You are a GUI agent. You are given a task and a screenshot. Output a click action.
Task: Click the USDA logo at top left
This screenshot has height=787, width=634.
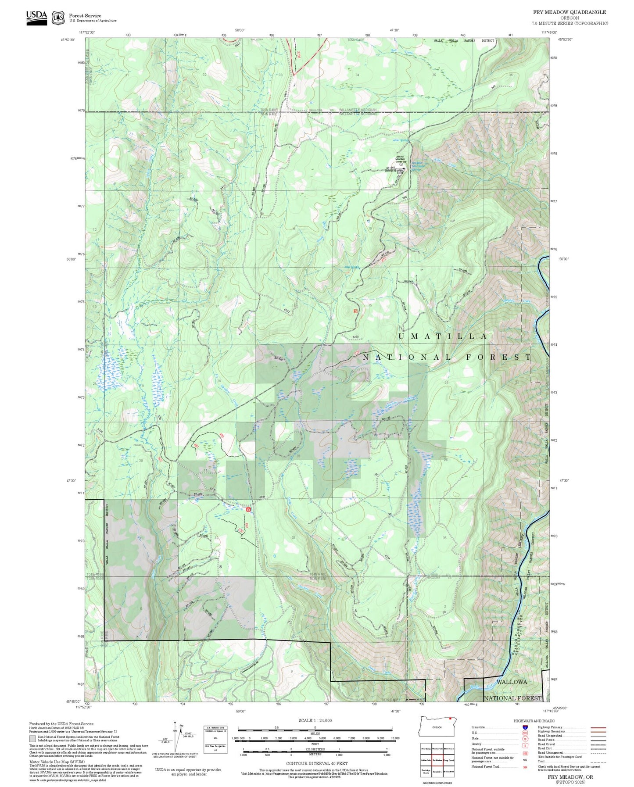(36, 17)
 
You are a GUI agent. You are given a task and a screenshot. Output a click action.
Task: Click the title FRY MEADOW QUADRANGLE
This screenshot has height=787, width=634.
(570, 12)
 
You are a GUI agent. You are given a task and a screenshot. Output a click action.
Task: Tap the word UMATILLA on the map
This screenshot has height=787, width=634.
(442, 336)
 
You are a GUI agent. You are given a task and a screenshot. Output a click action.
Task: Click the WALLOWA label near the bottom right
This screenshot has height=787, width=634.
(512, 682)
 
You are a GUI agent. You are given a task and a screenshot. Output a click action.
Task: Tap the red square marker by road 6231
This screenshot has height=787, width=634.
(248, 510)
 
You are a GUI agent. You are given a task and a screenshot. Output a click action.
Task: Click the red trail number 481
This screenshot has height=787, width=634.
(196, 445)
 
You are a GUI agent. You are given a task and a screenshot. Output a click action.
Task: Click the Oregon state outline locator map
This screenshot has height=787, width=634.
(437, 727)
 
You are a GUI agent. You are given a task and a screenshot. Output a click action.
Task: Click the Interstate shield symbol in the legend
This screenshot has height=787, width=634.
(525, 727)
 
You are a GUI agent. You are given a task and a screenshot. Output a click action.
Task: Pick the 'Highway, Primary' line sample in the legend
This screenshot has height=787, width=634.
(598, 727)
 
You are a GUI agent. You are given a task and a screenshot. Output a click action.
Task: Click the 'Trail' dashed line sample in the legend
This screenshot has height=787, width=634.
(598, 762)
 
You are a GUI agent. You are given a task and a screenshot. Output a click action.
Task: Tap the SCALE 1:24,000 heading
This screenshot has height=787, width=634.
(315, 720)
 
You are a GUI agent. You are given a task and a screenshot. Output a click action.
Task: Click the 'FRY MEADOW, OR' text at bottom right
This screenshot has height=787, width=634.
(570, 776)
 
